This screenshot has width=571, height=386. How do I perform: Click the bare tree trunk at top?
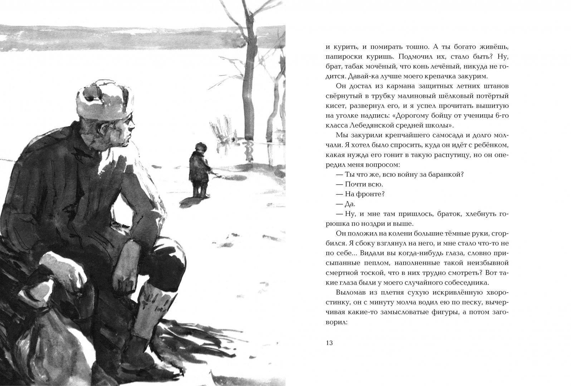pyautogui.click(x=248, y=71)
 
